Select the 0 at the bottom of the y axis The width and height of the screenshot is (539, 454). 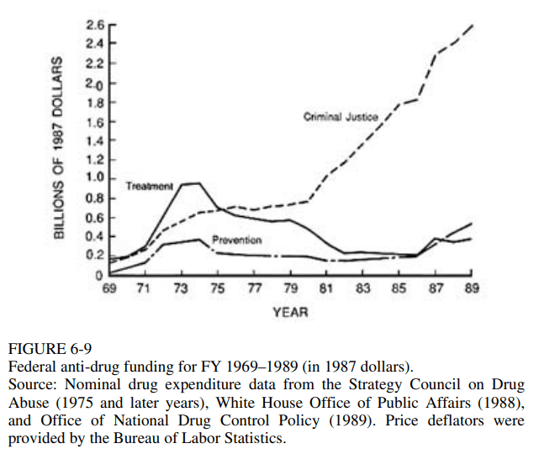98,275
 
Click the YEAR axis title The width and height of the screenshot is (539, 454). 290,312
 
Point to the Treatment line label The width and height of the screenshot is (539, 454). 150,185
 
